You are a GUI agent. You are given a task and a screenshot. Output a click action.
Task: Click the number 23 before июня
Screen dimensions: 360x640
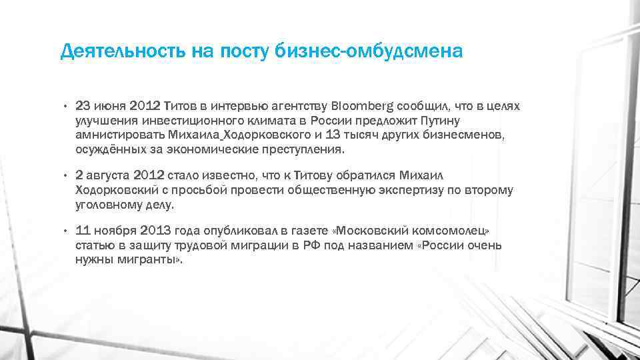coord(83,106)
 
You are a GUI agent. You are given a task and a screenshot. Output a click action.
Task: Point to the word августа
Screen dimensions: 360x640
coord(108,175)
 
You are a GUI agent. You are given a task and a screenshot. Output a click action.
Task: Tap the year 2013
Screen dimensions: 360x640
coord(155,231)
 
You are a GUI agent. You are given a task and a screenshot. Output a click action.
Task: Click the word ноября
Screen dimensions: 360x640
coord(113,231)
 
